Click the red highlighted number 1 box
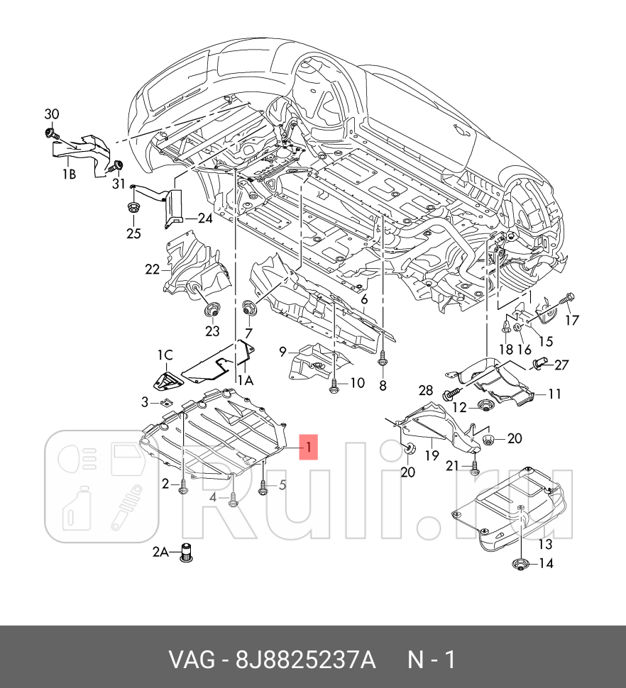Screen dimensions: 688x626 click(308, 448)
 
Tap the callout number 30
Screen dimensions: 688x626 click(52, 114)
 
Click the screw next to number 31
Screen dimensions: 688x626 click(114, 167)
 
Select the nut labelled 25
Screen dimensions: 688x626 click(133, 209)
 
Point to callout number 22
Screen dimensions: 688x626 click(152, 269)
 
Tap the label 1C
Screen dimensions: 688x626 click(165, 354)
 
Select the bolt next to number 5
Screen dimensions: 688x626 click(264, 487)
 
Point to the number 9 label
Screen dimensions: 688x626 click(282, 350)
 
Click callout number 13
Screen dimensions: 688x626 click(544, 545)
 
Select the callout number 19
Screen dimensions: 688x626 click(432, 455)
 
